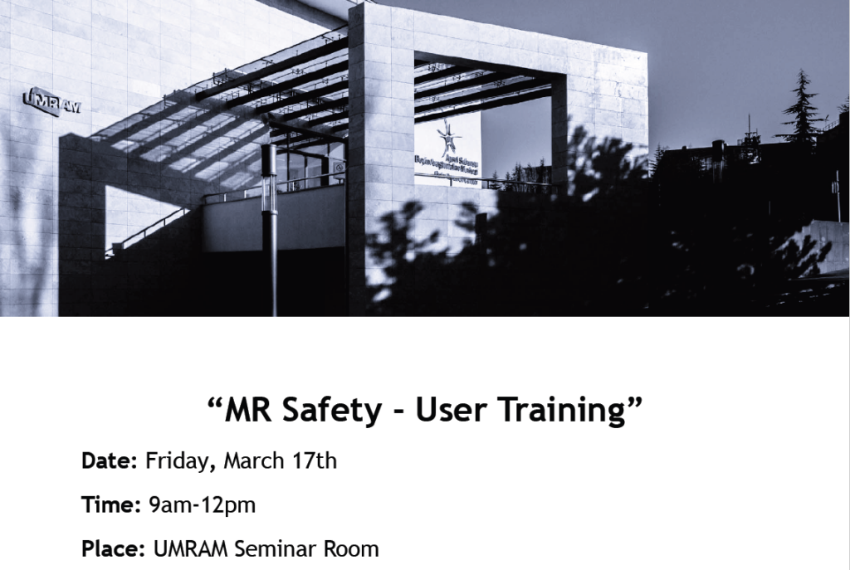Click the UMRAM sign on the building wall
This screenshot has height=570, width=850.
pyautogui.click(x=51, y=102)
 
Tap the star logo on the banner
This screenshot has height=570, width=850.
pyautogui.click(x=450, y=135)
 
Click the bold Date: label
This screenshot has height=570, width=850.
pyautogui.click(x=109, y=461)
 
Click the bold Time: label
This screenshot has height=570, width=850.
pyautogui.click(x=110, y=504)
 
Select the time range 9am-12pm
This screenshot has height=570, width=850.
pyautogui.click(x=202, y=504)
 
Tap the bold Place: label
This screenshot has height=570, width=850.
pyautogui.click(x=114, y=548)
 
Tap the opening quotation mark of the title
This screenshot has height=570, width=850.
pyautogui.click(x=214, y=402)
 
